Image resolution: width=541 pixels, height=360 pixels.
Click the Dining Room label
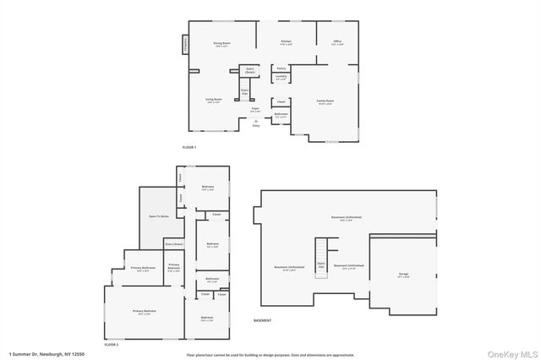coord(222,43)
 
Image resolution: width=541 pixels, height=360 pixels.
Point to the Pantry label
coord(281,68)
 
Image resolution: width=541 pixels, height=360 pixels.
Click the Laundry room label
coord(281,77)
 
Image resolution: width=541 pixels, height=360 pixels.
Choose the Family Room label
coord(325,101)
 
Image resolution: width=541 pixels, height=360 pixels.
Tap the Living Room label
coord(214,100)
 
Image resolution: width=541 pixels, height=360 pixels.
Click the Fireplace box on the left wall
coord(185,44)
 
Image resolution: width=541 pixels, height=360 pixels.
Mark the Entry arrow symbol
coord(255,122)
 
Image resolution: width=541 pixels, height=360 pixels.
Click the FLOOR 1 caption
coord(189,148)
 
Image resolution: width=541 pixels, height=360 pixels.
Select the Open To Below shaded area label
coord(159,216)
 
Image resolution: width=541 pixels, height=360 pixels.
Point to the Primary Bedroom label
coord(144,312)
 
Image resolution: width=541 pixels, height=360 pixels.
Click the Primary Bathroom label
coord(140,270)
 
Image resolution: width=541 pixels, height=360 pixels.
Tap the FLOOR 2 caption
coord(112,345)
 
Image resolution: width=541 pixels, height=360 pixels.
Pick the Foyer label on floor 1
coord(254,109)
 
